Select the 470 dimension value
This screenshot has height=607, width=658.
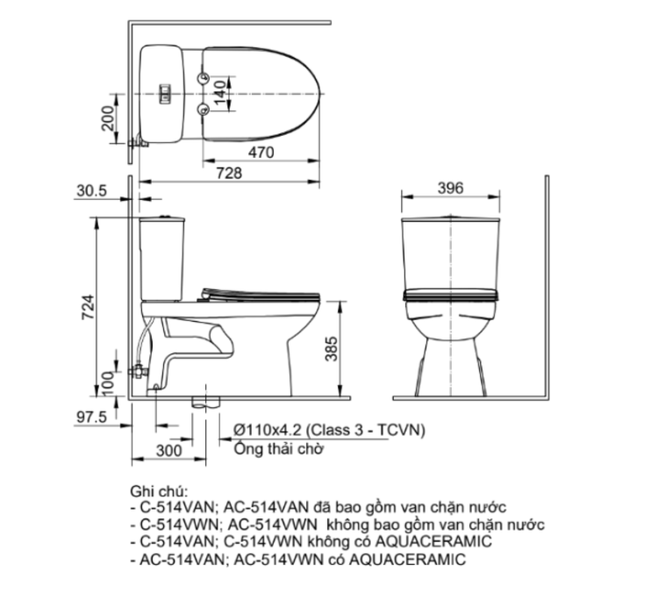coord(260,152)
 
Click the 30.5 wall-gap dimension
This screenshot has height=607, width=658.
coord(91,189)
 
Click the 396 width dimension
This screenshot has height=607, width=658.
coord(450,189)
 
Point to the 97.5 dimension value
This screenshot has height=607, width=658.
coord(91,418)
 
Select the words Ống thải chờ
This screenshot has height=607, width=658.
coord(279,449)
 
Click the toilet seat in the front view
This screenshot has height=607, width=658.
coord(450,293)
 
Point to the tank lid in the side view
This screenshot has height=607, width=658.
coord(162,217)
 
